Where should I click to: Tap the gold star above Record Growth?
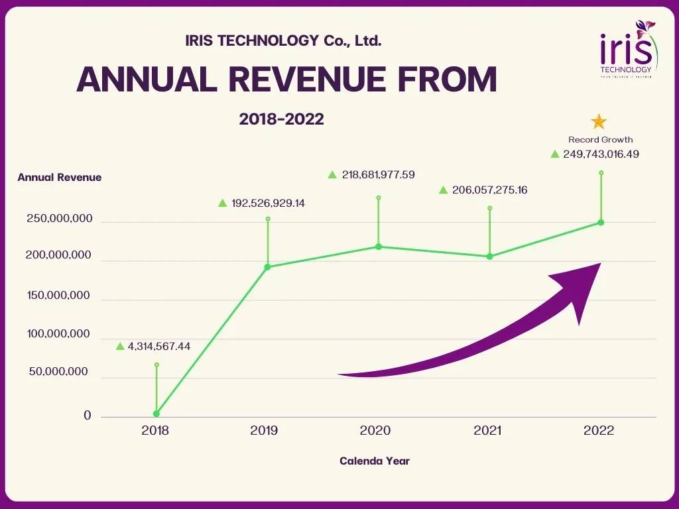pyautogui.click(x=599, y=122)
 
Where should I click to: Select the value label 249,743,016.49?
pyautogui.click(x=601, y=154)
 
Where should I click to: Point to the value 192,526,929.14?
pyautogui.click(x=268, y=203)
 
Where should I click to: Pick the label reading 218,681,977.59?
pyautogui.click(x=378, y=175)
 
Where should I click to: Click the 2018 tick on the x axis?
pyautogui.click(x=155, y=431)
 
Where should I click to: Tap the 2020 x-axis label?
pyautogui.click(x=375, y=431)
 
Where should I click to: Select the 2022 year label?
pyautogui.click(x=599, y=431)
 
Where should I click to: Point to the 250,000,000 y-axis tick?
pyautogui.click(x=59, y=219)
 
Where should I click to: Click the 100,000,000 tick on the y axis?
pyautogui.click(x=59, y=334)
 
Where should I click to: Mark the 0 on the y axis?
pyautogui.click(x=88, y=416)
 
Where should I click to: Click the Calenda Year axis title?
pyautogui.click(x=375, y=461)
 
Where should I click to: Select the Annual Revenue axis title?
pyautogui.click(x=60, y=178)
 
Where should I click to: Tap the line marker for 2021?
pyautogui.click(x=490, y=256)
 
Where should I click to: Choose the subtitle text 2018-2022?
pyautogui.click(x=282, y=119)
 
